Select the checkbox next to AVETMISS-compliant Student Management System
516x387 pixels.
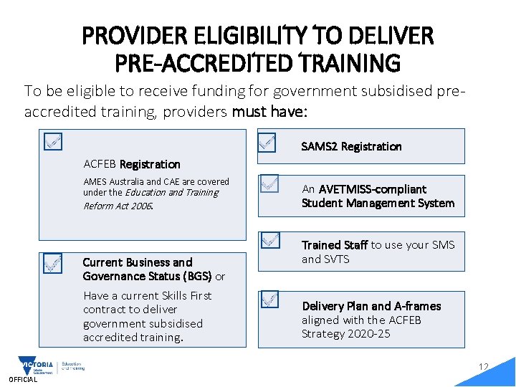point(269,185)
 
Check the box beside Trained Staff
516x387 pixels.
point(269,240)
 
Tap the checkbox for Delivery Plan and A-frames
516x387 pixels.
point(269,300)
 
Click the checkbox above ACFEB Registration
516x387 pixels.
point(52,141)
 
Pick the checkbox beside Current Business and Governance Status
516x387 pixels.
point(52,264)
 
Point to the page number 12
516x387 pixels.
point(484,368)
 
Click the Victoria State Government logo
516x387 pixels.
point(36,366)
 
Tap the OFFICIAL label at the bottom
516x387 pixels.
point(22,380)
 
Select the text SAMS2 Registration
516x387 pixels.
point(351,146)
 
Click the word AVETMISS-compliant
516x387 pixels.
point(373,189)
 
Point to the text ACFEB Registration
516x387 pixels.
point(132,164)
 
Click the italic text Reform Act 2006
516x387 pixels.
point(118,206)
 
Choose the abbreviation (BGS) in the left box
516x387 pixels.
point(198,276)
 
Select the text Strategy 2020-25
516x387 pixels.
point(346,334)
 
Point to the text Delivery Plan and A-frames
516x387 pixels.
point(371,306)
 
